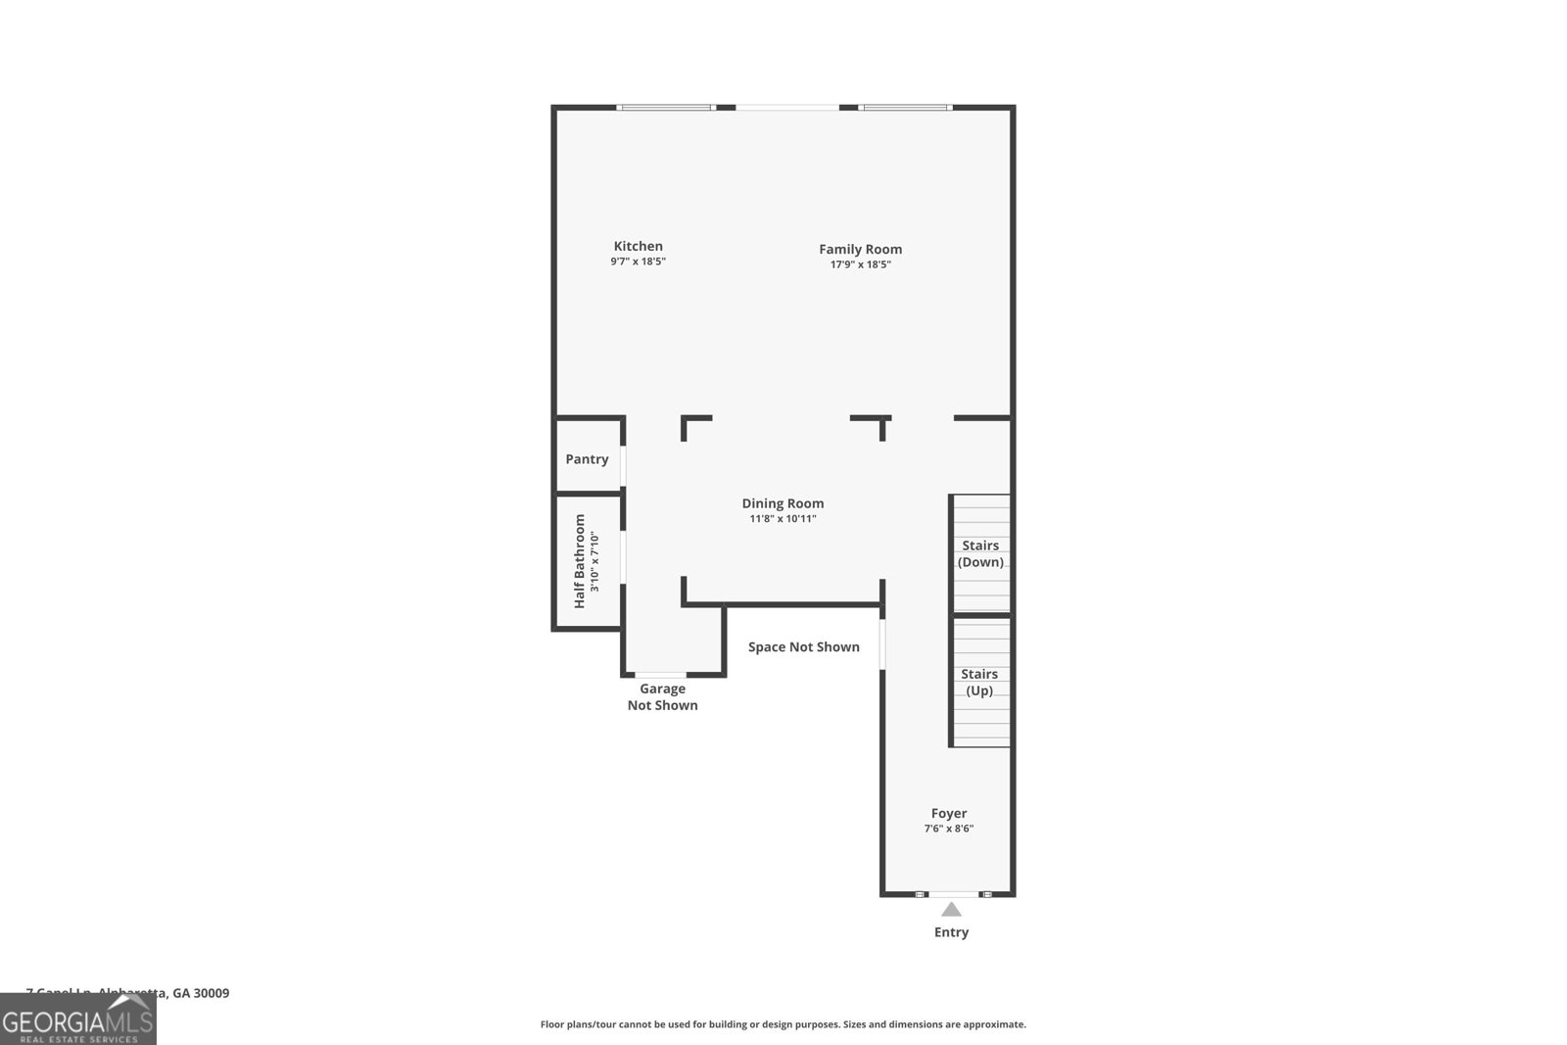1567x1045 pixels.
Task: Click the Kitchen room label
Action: (x=638, y=246)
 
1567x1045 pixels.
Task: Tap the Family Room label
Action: (x=860, y=249)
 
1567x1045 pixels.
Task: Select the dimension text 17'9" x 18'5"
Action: (x=860, y=264)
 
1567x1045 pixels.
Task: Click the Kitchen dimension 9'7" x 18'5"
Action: (x=638, y=261)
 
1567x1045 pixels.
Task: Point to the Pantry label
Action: (x=587, y=458)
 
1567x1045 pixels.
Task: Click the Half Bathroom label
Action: (x=579, y=561)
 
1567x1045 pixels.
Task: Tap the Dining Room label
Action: (x=783, y=503)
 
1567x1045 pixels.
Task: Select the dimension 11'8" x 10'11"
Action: (x=783, y=519)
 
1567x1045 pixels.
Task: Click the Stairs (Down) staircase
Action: (x=981, y=553)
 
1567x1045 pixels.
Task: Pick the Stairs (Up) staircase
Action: (x=980, y=682)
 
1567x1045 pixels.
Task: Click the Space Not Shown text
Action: (x=803, y=646)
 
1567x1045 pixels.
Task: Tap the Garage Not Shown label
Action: (x=662, y=696)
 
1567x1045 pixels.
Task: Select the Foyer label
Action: (x=948, y=813)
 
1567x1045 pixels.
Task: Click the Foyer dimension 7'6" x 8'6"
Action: (x=948, y=829)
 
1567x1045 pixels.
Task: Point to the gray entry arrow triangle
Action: (x=951, y=910)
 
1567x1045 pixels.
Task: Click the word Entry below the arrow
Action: (x=951, y=932)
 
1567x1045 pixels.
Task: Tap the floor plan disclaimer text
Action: (x=783, y=1024)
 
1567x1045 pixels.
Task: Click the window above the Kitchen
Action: (x=666, y=107)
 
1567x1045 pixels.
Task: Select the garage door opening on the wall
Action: (x=661, y=675)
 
